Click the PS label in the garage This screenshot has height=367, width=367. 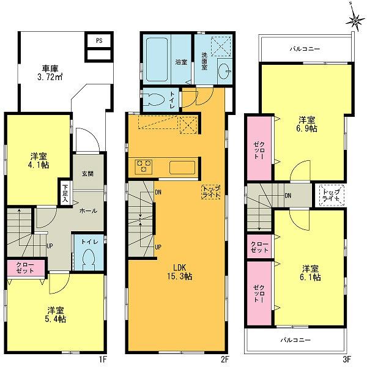tap(98, 40)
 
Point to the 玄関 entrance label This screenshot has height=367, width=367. tap(87, 173)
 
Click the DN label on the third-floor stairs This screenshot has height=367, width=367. tap(287, 196)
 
